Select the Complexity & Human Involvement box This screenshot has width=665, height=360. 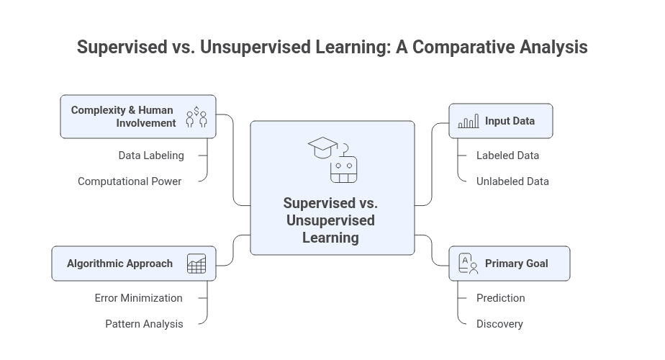pos(137,117)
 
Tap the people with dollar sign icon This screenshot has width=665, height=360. pos(196,117)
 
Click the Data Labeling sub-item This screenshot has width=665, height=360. pos(151,156)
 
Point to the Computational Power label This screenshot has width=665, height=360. pos(130,181)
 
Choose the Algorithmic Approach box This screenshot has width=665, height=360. pos(133,264)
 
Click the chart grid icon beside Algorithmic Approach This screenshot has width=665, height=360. pos(196,264)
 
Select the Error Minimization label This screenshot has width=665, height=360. pos(138,298)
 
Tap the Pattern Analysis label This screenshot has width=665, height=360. pos(144,324)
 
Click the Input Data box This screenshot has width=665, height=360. pos(501,121)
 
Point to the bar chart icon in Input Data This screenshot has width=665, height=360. pos(469,122)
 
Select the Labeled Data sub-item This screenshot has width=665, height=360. pos(507,156)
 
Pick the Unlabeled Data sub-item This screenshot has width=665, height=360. pos(512,181)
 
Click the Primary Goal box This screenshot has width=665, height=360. pos(510,264)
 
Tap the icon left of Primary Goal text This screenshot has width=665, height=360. pos(469,264)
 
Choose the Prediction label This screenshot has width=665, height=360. pos(501,298)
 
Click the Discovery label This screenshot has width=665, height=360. pos(499,324)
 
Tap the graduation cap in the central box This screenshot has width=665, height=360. pos(322,148)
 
